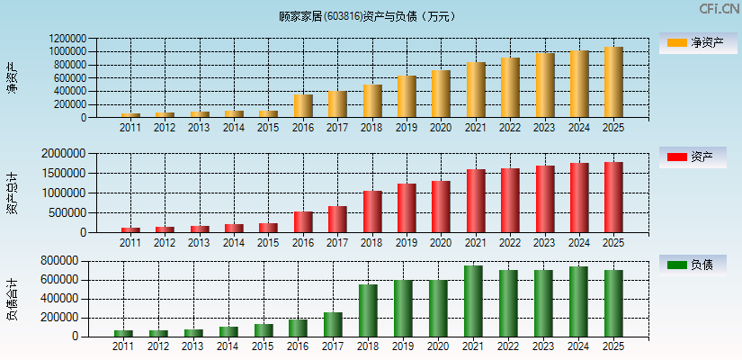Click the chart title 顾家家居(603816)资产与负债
[368, 15]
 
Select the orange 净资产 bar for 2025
[613, 82]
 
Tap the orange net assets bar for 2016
[303, 106]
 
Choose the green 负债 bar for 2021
[473, 301]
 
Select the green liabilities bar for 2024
[578, 301]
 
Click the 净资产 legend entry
[698, 42]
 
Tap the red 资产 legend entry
[698, 157]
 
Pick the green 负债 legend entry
[698, 265]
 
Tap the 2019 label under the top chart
[407, 128]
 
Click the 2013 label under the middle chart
[200, 243]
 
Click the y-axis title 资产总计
[11, 193]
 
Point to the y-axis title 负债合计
[11, 300]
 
